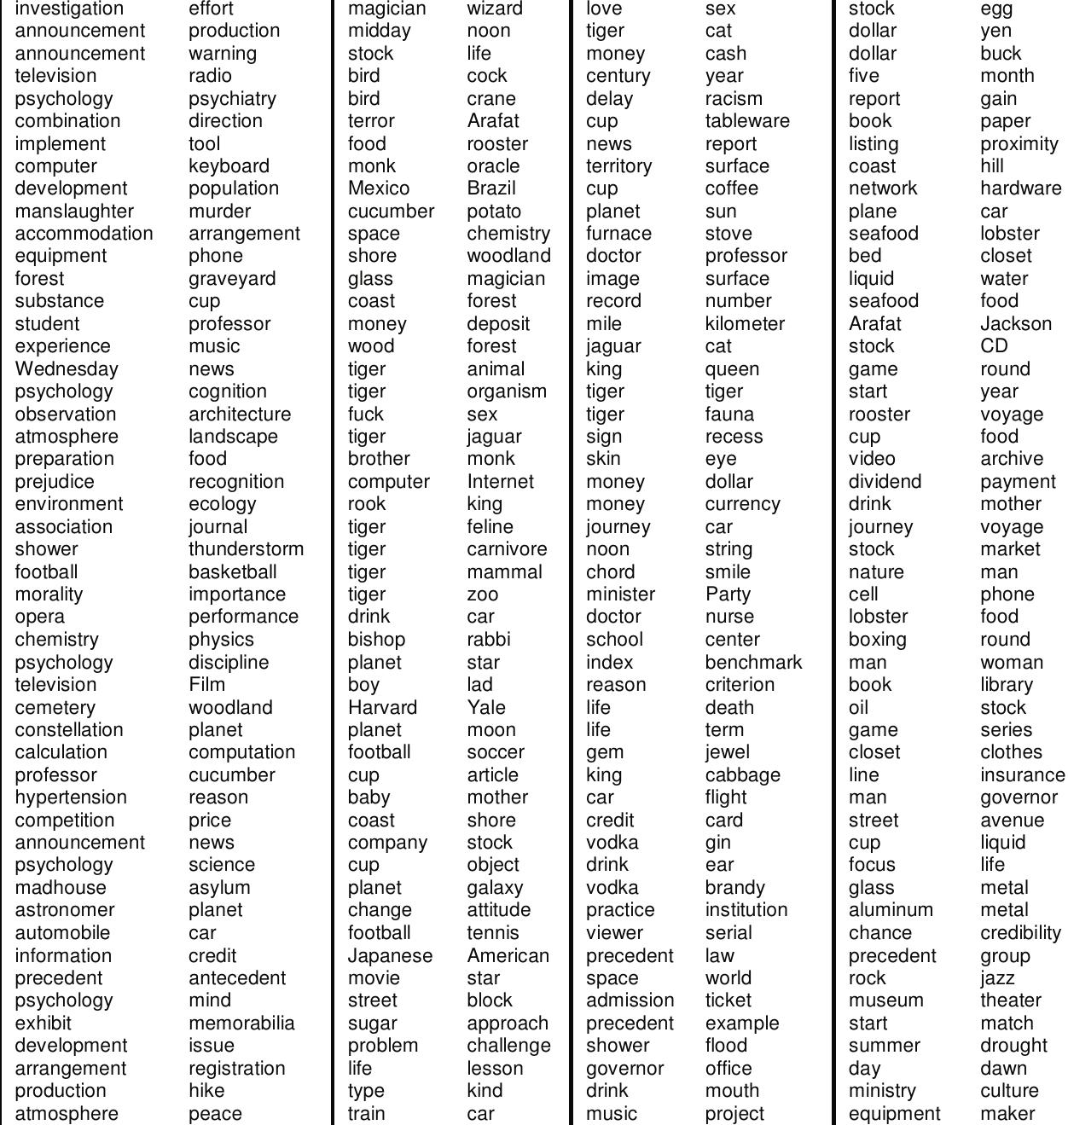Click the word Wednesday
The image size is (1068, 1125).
pyautogui.click(x=67, y=369)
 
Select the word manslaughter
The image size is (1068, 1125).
pyautogui.click(x=74, y=212)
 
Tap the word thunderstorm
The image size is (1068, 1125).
pyautogui.click(x=246, y=549)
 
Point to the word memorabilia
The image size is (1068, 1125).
pyautogui.click(x=241, y=1024)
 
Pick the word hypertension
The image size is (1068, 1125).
pyautogui.click(x=71, y=797)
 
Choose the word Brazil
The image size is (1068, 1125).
pyautogui.click(x=491, y=188)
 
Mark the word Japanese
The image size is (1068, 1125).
pyautogui.click(x=390, y=956)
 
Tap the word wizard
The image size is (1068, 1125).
pyautogui.click(x=495, y=9)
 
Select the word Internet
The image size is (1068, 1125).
pyautogui.click(x=500, y=482)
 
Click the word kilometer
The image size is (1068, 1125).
pyautogui.click(x=745, y=324)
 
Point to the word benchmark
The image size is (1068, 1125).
pyautogui.click(x=753, y=663)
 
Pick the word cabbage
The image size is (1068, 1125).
pyautogui.click(x=742, y=775)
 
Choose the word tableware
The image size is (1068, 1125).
pyautogui.click(x=747, y=121)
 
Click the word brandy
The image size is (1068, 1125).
pyautogui.click(x=734, y=888)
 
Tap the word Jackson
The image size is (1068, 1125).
pyautogui.click(x=1016, y=324)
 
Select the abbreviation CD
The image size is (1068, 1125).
pyautogui.click(x=994, y=346)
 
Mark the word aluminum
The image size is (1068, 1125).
pyautogui.click(x=891, y=910)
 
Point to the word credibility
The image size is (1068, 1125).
pyautogui.click(x=1020, y=933)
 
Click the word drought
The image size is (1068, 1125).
pyautogui.click(x=1013, y=1046)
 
